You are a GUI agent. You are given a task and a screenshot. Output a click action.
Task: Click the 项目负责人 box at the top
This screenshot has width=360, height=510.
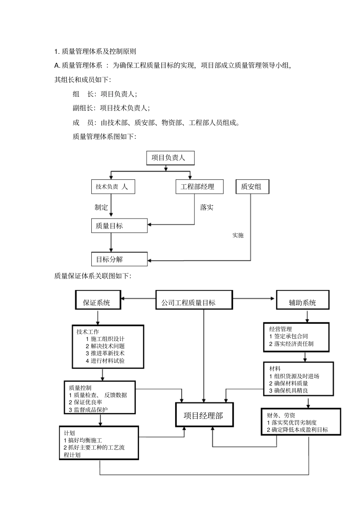click(x=170, y=158)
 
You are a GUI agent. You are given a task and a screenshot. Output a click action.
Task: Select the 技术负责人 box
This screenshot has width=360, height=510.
click(x=113, y=187)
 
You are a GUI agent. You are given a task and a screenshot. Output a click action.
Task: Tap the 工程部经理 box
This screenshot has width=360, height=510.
click(x=199, y=187)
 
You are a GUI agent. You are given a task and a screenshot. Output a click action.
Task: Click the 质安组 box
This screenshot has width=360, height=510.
click(x=252, y=187)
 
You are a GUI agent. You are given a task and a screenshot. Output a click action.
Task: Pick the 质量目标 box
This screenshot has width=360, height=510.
click(x=119, y=226)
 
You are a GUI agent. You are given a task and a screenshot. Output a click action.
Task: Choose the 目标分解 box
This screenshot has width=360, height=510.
click(x=119, y=259)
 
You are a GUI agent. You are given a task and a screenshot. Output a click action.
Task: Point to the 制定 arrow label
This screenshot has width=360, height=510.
click(x=101, y=207)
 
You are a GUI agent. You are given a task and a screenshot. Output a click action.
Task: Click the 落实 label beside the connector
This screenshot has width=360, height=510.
click(x=207, y=207)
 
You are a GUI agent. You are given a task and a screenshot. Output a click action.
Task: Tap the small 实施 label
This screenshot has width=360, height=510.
click(x=238, y=235)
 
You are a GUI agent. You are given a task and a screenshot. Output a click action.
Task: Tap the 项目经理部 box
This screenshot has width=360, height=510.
click(x=203, y=416)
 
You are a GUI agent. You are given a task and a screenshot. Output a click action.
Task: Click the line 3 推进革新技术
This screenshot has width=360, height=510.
click(x=105, y=353)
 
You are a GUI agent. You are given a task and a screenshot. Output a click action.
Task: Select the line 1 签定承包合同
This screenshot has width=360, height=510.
click(x=288, y=336)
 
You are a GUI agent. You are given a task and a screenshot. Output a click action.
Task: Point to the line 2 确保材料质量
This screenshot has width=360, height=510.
click(x=288, y=383)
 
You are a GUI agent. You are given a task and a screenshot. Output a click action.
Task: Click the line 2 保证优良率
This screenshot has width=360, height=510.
click(x=85, y=402)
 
